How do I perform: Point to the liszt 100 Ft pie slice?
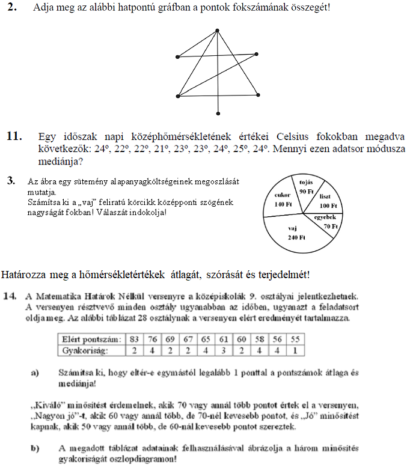pyautogui.click(x=327, y=200)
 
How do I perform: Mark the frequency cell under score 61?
pyautogui.click(x=225, y=349)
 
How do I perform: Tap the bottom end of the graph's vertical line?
pyautogui.click(x=219, y=115)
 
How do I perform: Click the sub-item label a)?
pyautogui.click(x=35, y=372)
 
